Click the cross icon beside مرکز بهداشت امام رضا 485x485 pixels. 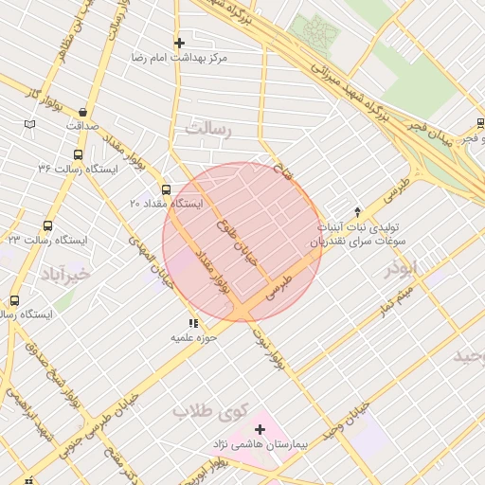[x=179, y=43]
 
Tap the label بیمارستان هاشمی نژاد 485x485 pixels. [x=294, y=445]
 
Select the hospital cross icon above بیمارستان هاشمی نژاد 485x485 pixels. [x=260, y=430]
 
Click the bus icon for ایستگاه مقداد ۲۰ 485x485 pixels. [x=167, y=189]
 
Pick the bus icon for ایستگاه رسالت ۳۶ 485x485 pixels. [x=77, y=153]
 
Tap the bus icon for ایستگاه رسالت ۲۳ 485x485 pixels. [x=47, y=225]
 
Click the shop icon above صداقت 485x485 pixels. [x=83, y=111]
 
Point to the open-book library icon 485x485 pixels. [x=29, y=124]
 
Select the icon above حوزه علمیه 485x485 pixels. [x=194, y=324]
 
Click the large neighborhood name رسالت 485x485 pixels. [x=208, y=130]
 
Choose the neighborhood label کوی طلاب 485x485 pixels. [x=208, y=412]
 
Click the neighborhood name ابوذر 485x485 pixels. [x=401, y=268]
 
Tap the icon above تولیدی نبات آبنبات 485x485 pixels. [x=357, y=212]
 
